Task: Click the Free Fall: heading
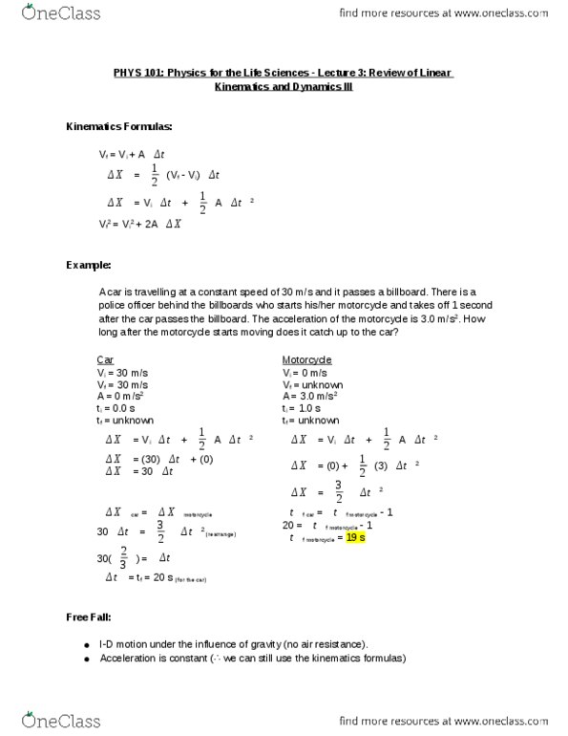[92, 618]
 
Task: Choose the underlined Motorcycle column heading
[306, 359]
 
